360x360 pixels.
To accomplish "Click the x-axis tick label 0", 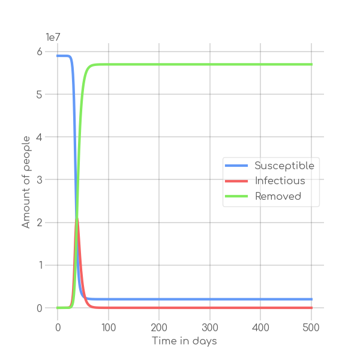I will pyautogui.click(x=58, y=327).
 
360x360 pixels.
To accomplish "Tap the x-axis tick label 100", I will pyautogui.click(x=109, y=327).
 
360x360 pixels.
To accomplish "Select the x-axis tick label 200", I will pyautogui.click(x=159, y=327).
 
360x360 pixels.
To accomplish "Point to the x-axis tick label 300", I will pyautogui.click(x=210, y=327).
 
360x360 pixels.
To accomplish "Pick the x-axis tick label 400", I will pyautogui.click(x=260, y=327).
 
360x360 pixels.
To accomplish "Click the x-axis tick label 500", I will pyautogui.click(x=311, y=327).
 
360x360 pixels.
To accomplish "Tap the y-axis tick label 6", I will pyautogui.click(x=40, y=52).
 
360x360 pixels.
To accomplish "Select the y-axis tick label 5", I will pyautogui.click(x=40, y=94).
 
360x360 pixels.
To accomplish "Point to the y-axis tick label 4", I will pyautogui.click(x=40, y=137).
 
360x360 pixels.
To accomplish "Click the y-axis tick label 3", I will pyautogui.click(x=40, y=180).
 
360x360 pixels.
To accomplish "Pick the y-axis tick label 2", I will pyautogui.click(x=40, y=223).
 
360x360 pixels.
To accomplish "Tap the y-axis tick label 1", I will pyautogui.click(x=40, y=265).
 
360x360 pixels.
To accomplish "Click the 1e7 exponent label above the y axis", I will pyautogui.click(x=54, y=37).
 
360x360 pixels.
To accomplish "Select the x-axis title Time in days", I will pyautogui.click(x=184, y=341).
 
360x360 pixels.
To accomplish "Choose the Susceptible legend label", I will pyautogui.click(x=284, y=166).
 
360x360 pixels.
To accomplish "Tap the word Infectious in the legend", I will pyautogui.click(x=280, y=181).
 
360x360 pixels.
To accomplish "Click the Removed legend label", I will pyautogui.click(x=278, y=196).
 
